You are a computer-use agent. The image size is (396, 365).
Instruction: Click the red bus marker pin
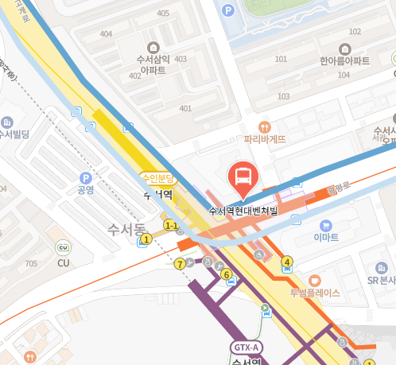[243, 177]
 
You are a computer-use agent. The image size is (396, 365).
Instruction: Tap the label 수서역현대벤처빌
[243, 211]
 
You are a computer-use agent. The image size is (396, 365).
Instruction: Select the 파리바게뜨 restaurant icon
[265, 126]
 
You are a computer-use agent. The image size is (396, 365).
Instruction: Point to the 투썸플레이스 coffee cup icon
[314, 280]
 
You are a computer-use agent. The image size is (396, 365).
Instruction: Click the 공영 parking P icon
[85, 178]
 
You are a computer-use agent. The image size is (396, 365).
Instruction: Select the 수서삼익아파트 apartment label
[153, 64]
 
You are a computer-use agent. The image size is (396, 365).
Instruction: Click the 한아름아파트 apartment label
[344, 60]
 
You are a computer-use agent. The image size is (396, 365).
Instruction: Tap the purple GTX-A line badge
[245, 347]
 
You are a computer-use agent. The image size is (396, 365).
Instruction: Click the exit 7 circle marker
[181, 263]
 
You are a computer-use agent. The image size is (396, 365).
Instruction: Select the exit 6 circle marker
[227, 275]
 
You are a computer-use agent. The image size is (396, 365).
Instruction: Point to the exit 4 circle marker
[287, 262]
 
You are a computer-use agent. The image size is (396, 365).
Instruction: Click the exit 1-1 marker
[170, 226]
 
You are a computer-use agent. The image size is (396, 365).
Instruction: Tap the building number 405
[164, 14]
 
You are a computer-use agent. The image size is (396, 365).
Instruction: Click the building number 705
[31, 263]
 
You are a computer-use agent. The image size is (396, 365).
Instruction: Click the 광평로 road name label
[339, 190]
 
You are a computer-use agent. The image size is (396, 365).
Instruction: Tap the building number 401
[185, 108]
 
